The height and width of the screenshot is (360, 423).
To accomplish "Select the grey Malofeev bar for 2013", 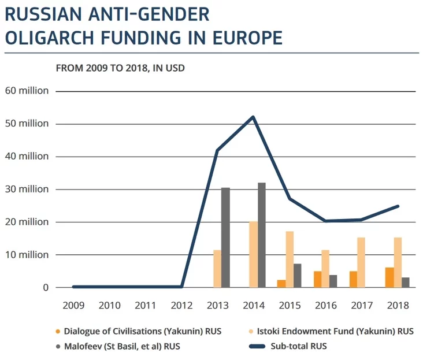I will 225,237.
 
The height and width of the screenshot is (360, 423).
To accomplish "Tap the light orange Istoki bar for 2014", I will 253,254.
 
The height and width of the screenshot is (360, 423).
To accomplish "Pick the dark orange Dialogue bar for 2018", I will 389,277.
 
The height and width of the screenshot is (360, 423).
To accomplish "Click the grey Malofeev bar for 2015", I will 298,276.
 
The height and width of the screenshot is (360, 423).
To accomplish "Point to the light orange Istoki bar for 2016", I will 325,269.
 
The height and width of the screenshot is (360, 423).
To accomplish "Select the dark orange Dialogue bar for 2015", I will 281,284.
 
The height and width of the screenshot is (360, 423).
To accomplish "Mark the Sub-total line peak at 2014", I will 253,117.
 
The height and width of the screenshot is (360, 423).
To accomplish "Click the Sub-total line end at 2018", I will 398,206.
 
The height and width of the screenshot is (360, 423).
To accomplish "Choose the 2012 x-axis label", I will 181,305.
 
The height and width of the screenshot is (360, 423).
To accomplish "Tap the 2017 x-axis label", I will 362,305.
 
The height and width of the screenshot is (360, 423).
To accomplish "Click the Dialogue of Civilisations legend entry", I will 142,332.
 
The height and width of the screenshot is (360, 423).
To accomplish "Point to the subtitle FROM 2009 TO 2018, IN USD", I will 120,68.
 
